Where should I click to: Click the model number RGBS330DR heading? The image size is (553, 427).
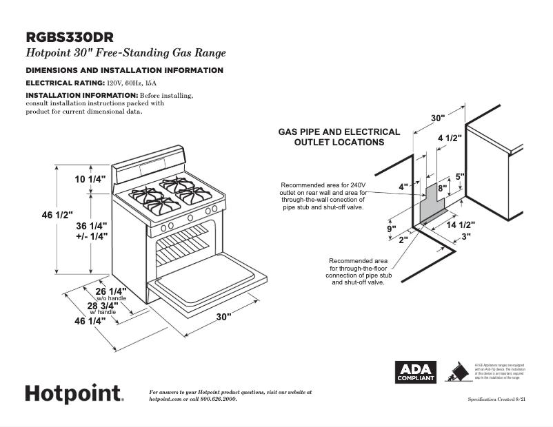pyautogui.click(x=70, y=37)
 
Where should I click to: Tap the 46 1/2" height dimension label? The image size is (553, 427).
pyautogui.click(x=57, y=216)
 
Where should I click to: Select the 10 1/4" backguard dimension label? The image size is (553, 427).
pyautogui.click(x=91, y=179)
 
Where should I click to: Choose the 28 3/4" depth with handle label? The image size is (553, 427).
pyautogui.click(x=102, y=305)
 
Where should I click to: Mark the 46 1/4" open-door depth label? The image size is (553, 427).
pyautogui.click(x=92, y=321)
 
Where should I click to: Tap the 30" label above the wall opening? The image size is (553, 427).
pyautogui.click(x=439, y=118)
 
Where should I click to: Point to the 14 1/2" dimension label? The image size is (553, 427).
pyautogui.click(x=459, y=225)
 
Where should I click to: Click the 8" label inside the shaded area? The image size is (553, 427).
pyautogui.click(x=443, y=187)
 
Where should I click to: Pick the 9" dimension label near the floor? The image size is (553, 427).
pyautogui.click(x=391, y=229)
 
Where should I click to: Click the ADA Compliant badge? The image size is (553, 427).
pyautogui.click(x=414, y=372)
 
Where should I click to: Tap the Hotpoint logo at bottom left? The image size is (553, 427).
pyautogui.click(x=74, y=393)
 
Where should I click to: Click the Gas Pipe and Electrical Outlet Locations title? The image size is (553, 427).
pyautogui.click(x=339, y=137)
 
